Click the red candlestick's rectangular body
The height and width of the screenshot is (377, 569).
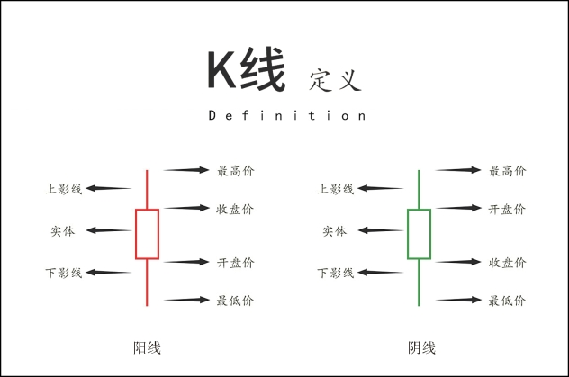coord(136,234)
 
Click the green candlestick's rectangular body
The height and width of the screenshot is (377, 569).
coord(408,234)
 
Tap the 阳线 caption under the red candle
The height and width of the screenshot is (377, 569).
coord(147,347)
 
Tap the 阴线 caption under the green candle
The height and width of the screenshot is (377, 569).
coord(421,347)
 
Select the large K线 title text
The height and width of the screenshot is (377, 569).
coord(247,69)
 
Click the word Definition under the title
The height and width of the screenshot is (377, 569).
coord(286,116)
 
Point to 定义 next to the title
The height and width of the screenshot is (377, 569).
coord(335,80)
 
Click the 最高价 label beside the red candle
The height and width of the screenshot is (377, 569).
coord(236,171)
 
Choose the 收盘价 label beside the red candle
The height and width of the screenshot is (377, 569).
coord(235,209)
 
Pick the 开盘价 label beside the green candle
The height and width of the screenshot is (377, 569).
coord(507,209)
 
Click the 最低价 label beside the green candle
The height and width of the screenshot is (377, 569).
coord(507,301)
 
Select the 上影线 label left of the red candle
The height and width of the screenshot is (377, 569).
coord(64,189)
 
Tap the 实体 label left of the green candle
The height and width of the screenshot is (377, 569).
coord(335,231)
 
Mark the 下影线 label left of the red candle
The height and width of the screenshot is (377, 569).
coord(64,273)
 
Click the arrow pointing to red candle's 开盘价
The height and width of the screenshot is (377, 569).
coord(186,262)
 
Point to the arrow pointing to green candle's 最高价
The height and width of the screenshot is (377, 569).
coord(458,170)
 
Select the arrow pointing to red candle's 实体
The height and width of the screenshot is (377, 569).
coord(109,230)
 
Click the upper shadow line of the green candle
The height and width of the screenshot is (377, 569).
coord(419,189)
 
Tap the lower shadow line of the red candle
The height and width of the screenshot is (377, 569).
coord(147,283)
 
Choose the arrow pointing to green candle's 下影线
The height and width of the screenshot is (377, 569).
coord(380,273)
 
